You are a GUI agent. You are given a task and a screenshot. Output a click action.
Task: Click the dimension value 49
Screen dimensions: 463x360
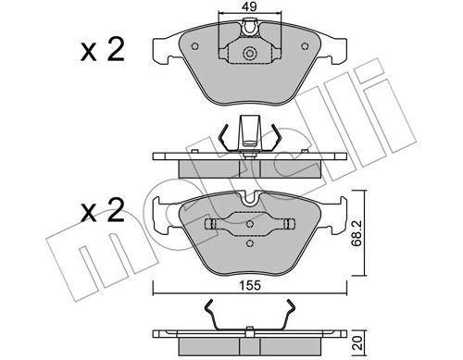[250, 6]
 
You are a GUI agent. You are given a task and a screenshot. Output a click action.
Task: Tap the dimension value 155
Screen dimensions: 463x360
[250, 286]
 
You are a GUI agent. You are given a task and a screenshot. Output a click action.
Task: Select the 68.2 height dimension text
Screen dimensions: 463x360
[357, 233]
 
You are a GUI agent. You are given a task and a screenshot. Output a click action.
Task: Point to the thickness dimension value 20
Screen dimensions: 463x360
[358, 342]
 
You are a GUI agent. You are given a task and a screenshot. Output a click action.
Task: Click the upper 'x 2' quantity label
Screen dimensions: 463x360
[103, 50]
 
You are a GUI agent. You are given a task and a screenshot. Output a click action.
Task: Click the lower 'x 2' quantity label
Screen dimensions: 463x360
[103, 210]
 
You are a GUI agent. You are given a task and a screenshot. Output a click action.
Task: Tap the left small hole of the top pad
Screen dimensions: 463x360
[194, 46]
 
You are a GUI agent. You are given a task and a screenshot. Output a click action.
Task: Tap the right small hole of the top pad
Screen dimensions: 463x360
[305, 46]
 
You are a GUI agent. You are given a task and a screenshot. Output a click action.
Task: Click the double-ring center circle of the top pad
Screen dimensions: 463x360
[250, 54]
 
